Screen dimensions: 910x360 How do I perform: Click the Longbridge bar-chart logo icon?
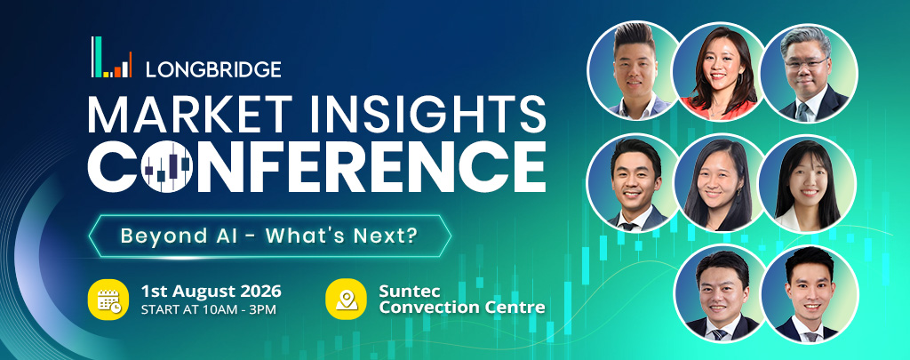point(111,57)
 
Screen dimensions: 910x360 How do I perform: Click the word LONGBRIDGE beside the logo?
point(213,69)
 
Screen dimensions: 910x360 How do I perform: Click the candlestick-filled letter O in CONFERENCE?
point(167,166)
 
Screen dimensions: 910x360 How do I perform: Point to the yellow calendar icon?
point(108,300)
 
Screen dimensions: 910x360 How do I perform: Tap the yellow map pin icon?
point(347,300)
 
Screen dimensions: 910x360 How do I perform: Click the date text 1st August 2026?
point(212,291)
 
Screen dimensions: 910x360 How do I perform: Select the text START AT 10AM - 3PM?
point(208,309)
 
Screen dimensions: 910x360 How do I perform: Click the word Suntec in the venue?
point(402,290)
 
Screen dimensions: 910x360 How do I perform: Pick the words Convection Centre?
point(462,308)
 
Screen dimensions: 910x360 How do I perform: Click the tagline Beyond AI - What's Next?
point(269,236)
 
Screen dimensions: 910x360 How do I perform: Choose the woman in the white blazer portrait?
point(807,183)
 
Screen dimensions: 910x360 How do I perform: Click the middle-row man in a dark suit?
point(635,182)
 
